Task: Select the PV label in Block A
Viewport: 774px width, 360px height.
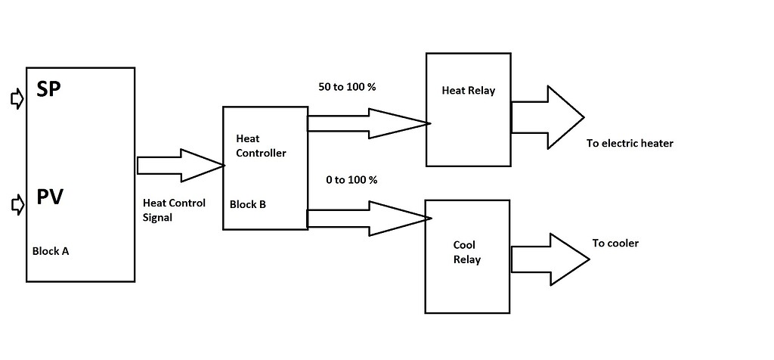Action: click(50, 198)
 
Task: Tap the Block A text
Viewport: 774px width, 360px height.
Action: click(51, 251)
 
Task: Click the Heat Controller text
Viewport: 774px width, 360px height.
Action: click(261, 146)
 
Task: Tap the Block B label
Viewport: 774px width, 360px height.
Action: click(248, 204)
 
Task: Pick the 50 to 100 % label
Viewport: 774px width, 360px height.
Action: click(347, 87)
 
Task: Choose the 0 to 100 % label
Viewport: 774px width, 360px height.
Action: click(351, 180)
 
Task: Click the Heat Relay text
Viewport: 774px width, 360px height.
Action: click(468, 91)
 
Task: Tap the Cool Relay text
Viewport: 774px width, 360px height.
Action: click(466, 253)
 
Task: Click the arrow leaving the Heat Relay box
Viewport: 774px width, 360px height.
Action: click(547, 117)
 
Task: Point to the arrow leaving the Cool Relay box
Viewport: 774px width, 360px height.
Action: click(550, 259)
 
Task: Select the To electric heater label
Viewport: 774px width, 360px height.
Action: click(629, 143)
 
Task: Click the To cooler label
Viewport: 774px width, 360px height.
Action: click(615, 244)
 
